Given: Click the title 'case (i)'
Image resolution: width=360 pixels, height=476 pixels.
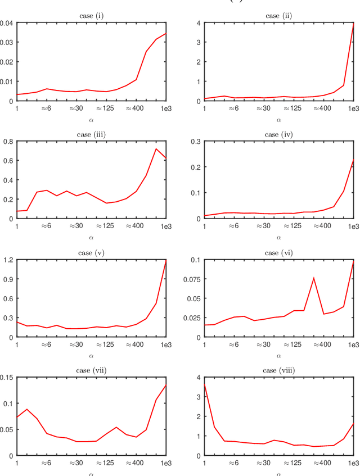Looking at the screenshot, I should [91, 16].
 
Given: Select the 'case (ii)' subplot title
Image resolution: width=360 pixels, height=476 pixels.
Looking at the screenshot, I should [278, 16].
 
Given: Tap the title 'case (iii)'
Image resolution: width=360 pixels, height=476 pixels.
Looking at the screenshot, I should [91, 134].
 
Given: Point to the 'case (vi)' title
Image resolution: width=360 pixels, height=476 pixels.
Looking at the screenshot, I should [278, 252].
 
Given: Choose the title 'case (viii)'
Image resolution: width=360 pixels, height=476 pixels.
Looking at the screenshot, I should [278, 370].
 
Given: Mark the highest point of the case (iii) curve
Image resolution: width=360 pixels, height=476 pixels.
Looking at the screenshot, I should [156, 148].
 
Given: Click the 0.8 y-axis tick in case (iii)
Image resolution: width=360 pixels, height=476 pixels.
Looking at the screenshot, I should [8, 141].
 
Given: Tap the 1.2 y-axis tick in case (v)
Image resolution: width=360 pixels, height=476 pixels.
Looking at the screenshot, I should [8, 260].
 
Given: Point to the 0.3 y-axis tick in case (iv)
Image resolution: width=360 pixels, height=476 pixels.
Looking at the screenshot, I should [196, 141].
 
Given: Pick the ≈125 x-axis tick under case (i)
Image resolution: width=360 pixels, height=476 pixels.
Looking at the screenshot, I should [105, 108].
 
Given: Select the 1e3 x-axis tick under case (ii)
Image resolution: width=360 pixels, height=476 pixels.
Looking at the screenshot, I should [353, 108].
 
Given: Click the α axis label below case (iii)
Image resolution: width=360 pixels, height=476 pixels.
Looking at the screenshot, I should [91, 237].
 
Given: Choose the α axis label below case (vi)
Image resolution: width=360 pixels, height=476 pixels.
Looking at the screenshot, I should [278, 356].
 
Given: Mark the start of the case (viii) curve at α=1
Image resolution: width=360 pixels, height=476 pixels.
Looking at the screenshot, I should [204, 383].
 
